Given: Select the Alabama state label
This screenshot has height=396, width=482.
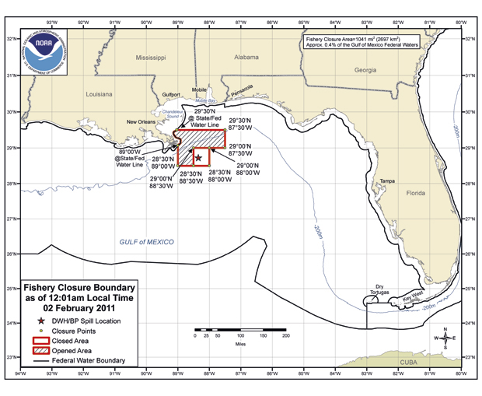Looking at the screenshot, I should coord(246,57).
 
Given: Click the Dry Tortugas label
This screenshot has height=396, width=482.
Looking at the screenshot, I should coord(379,289).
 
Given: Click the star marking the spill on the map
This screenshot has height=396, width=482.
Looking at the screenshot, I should coord(198,158).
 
